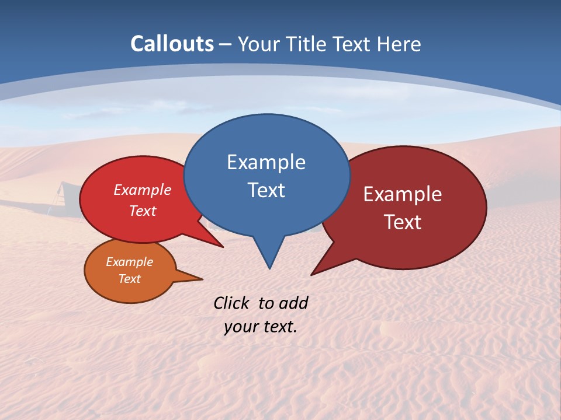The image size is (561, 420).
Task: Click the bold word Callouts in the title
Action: (172, 44)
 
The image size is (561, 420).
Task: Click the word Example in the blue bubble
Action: (266, 162)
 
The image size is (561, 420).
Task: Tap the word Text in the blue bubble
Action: (266, 190)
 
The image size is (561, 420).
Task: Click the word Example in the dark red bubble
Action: (403, 194)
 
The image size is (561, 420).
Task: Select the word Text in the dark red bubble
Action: (403, 222)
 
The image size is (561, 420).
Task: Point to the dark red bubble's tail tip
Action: (312, 274)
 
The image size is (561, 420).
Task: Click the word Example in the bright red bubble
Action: (142, 190)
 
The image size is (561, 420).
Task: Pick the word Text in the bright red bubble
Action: (142, 211)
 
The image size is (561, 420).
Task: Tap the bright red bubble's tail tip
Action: (222, 247)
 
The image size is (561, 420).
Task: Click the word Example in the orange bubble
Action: (129, 262)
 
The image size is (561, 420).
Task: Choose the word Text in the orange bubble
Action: (129, 279)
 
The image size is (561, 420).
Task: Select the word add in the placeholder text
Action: (293, 303)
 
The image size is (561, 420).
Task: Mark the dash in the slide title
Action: (226, 44)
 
